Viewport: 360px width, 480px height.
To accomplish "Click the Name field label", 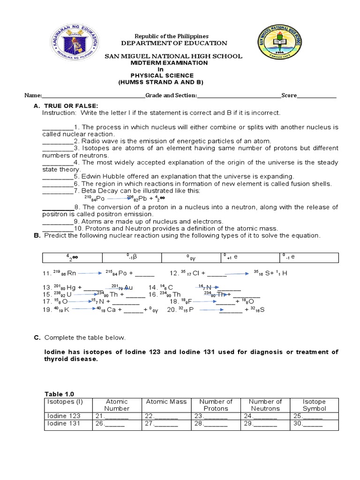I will point(33,95).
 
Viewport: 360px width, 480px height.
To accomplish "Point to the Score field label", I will point(289,95).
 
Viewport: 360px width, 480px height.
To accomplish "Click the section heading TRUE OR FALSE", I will point(70,106).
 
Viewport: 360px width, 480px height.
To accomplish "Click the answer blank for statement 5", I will point(57,176).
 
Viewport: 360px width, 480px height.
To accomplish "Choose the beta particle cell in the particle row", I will point(132,257).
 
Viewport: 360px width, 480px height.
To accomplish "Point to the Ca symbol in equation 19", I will point(111,310).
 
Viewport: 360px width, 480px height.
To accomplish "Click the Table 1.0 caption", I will point(59,394).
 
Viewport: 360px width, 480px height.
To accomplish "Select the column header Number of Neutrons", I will point(265,405).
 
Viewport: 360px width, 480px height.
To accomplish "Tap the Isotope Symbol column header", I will point(314,405).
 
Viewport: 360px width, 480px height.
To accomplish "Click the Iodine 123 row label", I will point(64,416).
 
